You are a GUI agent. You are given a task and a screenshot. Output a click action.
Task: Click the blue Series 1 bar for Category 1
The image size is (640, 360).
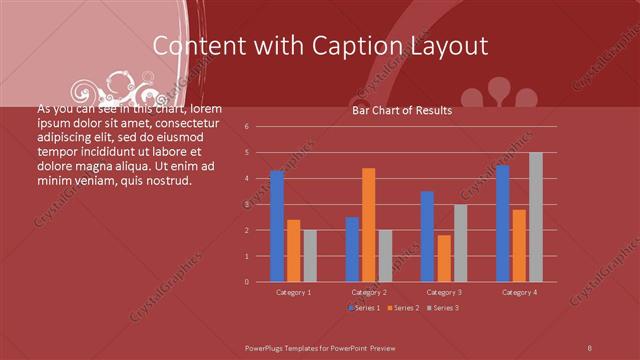coord(277,227)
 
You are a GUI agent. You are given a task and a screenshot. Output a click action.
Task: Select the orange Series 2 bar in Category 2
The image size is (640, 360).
coord(368,225)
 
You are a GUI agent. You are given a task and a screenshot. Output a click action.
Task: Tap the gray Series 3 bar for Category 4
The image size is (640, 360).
coord(535,217)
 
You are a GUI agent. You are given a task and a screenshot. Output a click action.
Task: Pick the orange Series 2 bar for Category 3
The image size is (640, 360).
coord(444,259)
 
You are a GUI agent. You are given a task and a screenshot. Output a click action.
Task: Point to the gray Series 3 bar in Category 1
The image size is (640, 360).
coord(310,256)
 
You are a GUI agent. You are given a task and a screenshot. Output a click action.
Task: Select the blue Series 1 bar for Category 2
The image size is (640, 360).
coord(352,249)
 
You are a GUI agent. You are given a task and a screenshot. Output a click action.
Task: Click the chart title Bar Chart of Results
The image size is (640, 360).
coord(402,111)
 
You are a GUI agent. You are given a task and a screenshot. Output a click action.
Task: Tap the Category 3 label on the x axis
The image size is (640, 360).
coord(444,292)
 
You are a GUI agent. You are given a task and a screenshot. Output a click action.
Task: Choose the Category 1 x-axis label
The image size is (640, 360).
coord(294,292)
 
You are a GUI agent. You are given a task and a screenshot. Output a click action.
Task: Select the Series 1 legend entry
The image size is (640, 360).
coord(364,308)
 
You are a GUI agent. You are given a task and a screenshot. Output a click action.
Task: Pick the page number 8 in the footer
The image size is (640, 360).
coord(590,346)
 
